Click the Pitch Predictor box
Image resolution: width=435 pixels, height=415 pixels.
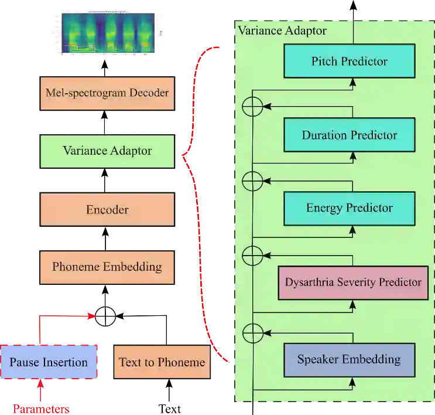350,62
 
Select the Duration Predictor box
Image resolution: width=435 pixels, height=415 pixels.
350,135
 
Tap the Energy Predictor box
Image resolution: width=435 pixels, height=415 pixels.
350,208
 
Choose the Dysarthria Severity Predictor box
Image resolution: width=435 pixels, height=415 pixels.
353,283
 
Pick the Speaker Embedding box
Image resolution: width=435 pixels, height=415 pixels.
349,359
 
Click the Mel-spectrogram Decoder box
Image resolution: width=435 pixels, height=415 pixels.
107,93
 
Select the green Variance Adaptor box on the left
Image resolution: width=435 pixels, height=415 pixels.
107,151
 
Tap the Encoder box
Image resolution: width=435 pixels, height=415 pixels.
107,210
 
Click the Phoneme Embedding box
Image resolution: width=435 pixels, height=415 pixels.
107,267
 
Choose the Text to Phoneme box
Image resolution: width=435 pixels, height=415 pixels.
162,362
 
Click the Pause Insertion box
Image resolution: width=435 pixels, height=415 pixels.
49,362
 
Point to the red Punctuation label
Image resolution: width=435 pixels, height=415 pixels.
42,409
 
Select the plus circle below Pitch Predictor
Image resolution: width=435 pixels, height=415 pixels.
252,107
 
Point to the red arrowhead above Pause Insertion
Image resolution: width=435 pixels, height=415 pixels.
90,317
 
